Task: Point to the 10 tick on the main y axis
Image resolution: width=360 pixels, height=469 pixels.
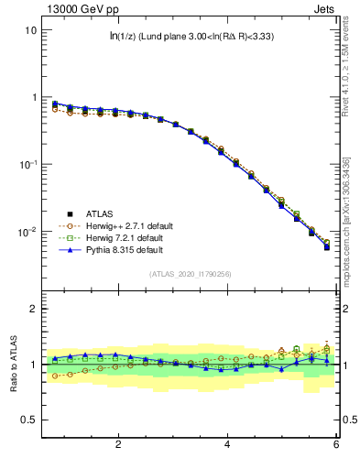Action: click(x=30, y=29)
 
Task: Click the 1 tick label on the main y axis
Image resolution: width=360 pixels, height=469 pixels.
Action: click(x=33, y=97)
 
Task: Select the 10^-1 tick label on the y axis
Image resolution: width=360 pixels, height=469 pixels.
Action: click(x=27, y=164)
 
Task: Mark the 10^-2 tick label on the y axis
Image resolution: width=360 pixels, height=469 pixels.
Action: click(x=27, y=232)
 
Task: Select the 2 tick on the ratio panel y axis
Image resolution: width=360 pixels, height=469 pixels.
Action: click(x=33, y=309)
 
